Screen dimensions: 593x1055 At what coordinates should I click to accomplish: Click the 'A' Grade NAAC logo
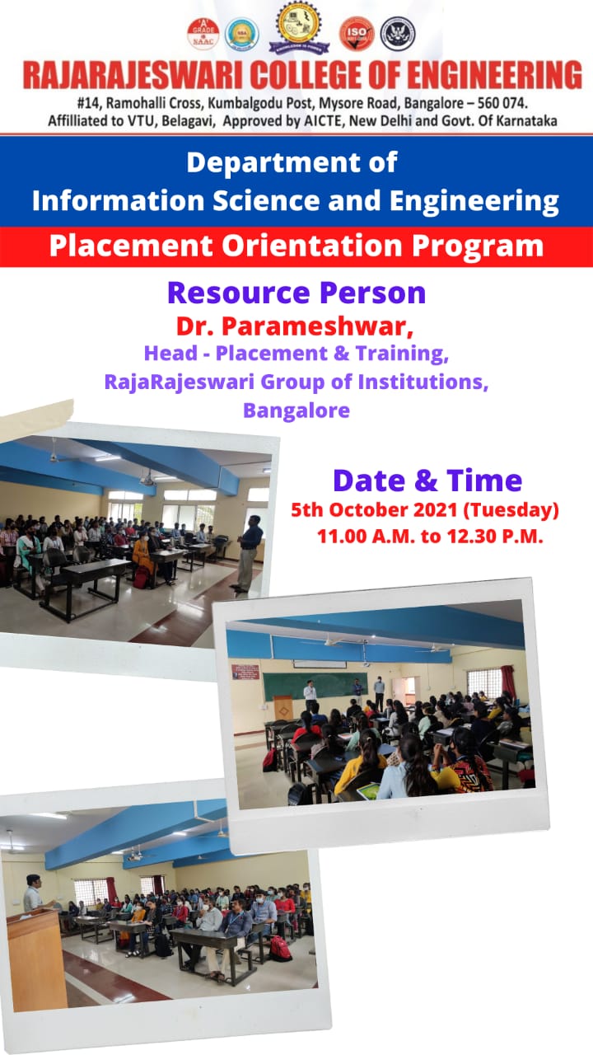coord(203,34)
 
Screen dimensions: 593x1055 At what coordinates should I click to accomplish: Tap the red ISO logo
coord(357,34)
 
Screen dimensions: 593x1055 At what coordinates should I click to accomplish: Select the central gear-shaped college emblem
coord(298,26)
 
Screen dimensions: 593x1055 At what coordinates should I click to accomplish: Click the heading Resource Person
coord(296,293)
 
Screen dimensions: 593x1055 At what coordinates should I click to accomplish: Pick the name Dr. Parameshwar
coord(295,326)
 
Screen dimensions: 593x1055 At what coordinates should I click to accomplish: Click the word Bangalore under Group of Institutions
coord(296,410)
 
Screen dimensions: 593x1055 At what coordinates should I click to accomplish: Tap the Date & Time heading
coord(427,481)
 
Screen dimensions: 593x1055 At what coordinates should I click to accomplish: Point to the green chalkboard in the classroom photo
coord(308,687)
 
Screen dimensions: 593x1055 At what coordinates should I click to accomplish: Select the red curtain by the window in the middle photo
coord(507,682)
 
